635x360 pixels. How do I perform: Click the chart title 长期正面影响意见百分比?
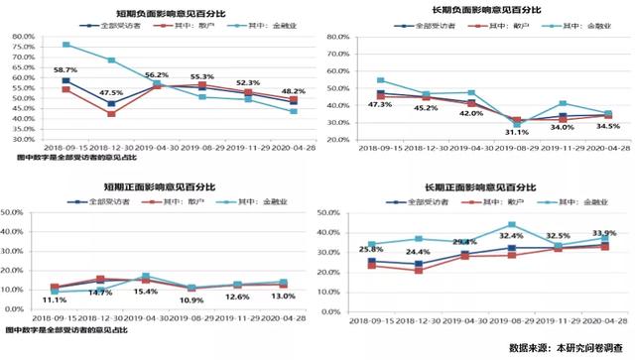[x=474, y=184]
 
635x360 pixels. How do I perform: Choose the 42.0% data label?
[x=470, y=114]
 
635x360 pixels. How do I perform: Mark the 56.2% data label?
[x=157, y=74]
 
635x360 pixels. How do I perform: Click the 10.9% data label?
[x=191, y=300]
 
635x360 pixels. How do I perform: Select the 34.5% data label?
[x=606, y=126]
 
